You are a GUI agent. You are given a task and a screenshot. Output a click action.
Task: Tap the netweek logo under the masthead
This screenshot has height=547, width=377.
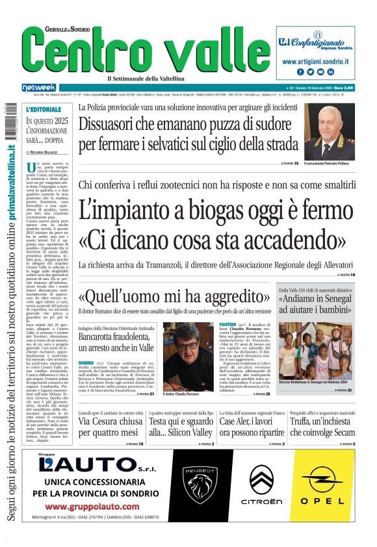point(40,87)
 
